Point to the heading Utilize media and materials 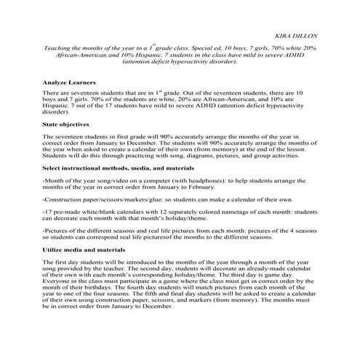[x=86, y=249]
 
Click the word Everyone [x=56, y=286]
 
